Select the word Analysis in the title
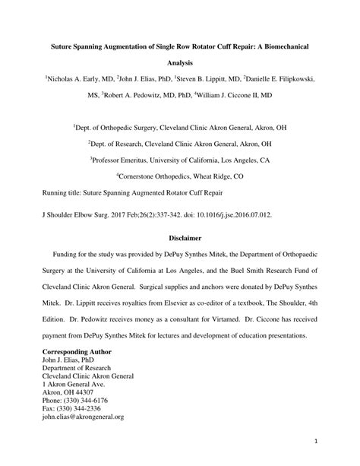click(x=179, y=65)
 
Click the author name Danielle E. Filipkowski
click(x=283, y=78)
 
